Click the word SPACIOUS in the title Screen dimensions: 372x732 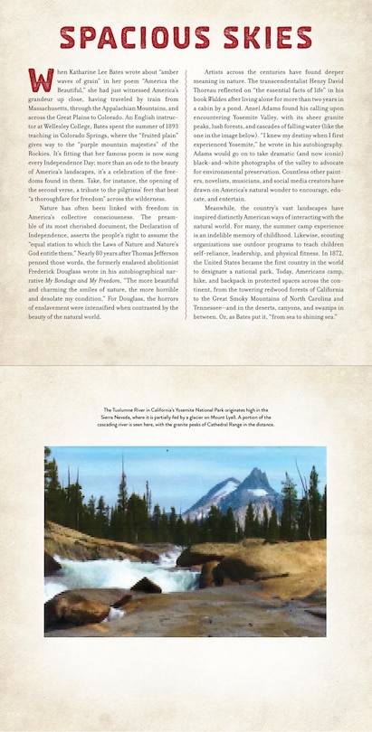132,39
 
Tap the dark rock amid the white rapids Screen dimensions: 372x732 146,585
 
